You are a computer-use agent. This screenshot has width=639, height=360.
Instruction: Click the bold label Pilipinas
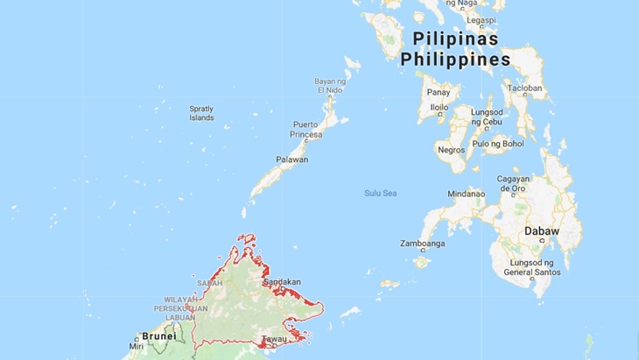455,39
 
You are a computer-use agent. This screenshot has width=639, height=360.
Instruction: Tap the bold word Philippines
455,60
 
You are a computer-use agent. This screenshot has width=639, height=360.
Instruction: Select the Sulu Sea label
380,192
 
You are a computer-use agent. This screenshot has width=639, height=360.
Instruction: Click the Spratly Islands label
201,113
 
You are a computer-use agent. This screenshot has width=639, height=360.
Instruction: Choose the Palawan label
291,159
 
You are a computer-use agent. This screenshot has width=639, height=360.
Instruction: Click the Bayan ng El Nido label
330,86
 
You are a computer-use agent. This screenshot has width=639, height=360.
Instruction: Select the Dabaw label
541,231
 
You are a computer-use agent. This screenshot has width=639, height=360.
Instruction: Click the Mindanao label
466,194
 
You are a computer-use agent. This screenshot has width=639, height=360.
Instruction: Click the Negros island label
450,150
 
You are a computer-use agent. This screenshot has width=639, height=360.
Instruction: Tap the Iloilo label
439,108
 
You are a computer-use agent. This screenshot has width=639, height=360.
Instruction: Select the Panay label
438,91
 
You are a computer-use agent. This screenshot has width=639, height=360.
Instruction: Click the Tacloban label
525,88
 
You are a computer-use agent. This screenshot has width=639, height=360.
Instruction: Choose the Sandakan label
282,282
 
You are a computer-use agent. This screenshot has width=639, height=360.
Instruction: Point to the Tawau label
277,340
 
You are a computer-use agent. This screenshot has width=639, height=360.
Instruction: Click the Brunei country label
158,335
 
